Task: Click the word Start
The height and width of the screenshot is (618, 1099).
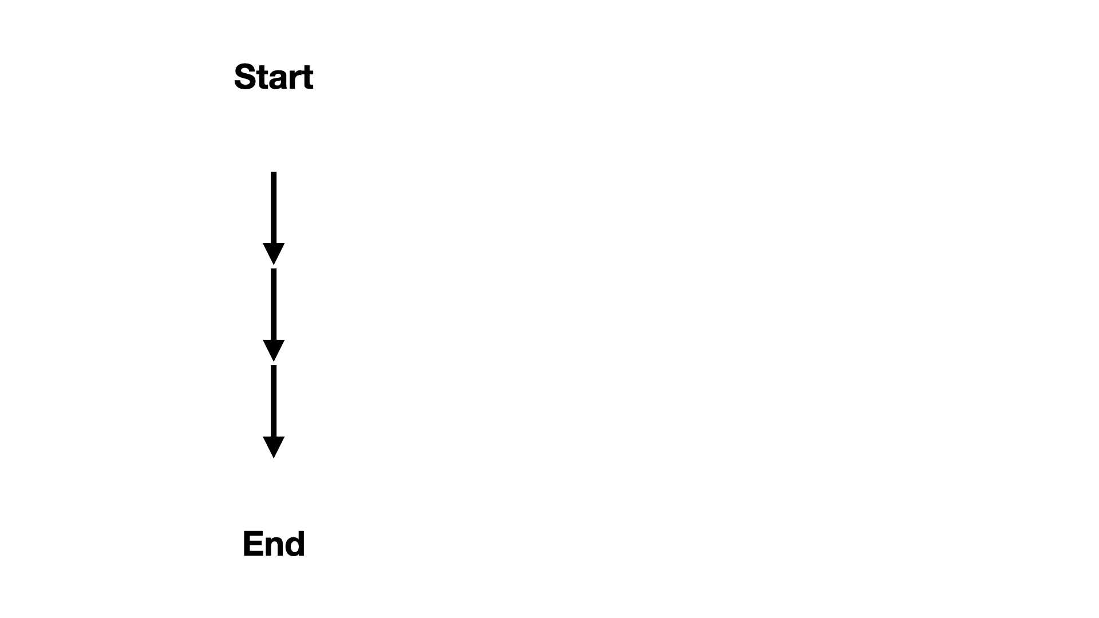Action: [274, 77]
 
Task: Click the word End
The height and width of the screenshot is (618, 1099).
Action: [274, 544]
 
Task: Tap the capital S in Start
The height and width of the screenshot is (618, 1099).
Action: [244, 77]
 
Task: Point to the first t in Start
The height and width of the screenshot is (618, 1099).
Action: [263, 78]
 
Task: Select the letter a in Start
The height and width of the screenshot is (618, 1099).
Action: [278, 80]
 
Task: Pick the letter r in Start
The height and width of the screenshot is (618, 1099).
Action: [295, 80]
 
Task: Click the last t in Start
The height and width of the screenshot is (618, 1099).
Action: [307, 78]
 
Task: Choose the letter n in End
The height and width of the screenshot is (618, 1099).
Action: [274, 546]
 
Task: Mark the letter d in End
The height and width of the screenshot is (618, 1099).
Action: [295, 544]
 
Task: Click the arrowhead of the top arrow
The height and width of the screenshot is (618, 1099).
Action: [274, 254]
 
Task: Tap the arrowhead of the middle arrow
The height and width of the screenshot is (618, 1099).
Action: [274, 351]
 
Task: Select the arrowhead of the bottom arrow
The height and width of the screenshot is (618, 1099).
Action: [274, 447]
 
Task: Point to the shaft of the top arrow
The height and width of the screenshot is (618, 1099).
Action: [274, 208]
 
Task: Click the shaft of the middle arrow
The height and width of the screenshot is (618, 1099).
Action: [274, 304]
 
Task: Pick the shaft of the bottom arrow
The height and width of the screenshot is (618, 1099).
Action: [274, 401]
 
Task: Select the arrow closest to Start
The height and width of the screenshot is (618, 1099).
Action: [274, 218]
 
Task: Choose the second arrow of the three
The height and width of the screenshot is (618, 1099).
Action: [274, 315]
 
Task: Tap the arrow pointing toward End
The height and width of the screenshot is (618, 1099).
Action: [274, 411]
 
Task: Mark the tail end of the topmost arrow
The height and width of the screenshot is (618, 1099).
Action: [274, 172]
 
